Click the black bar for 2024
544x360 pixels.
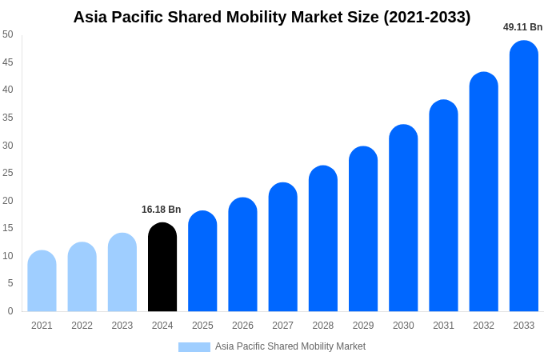[x=162, y=267]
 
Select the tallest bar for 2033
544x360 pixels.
[x=524, y=176]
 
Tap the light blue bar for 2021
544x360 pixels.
[x=42, y=281]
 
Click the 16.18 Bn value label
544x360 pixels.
[x=162, y=210]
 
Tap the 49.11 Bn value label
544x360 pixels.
[x=522, y=27]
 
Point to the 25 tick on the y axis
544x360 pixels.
[x=8, y=173]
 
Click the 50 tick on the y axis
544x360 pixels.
[x=8, y=34]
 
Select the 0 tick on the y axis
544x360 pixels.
[x=10, y=311]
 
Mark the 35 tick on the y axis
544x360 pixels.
[x=8, y=118]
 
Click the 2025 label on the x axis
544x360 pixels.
[x=202, y=326]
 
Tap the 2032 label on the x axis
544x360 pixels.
[x=483, y=326]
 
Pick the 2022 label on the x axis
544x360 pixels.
[x=82, y=326]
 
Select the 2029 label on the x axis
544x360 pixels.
[x=363, y=326]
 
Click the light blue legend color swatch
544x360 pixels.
[x=194, y=347]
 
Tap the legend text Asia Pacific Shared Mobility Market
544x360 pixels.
[x=290, y=346]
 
